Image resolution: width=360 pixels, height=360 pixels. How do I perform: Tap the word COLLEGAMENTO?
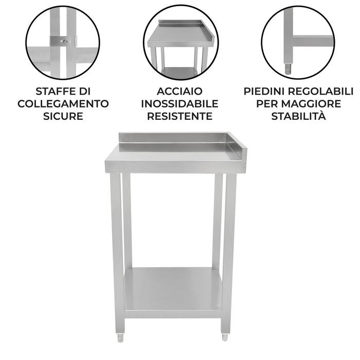(63, 103)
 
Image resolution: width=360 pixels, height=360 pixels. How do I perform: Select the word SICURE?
(63, 116)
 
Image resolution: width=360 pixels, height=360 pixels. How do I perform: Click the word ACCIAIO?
(180, 92)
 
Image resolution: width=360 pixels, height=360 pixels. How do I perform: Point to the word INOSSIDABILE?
(180, 103)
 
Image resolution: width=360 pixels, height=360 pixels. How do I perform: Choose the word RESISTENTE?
(180, 116)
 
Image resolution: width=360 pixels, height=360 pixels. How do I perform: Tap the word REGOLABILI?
(323, 92)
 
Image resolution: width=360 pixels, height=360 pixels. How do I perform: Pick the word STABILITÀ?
(298, 116)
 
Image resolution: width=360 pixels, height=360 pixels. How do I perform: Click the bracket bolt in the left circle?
(64, 42)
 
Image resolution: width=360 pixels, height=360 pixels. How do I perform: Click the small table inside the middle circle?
(181, 46)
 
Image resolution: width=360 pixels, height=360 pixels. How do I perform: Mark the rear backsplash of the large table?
(172, 138)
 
